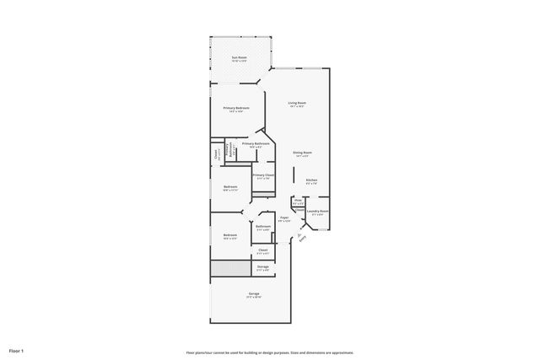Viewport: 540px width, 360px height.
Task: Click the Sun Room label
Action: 240,56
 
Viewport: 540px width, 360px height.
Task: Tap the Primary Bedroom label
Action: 236,108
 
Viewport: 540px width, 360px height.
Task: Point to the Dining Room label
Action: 301,153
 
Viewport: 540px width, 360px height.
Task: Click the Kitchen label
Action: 311,180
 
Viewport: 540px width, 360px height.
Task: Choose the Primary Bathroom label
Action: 256,143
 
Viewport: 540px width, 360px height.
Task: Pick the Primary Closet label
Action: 263,175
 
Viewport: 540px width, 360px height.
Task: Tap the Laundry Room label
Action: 318,211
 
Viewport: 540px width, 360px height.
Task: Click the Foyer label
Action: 284,218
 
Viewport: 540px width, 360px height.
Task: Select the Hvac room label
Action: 298,200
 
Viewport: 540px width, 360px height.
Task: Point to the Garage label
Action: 253,293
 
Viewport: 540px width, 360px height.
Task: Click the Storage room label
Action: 263,266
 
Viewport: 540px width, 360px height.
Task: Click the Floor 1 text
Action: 16,350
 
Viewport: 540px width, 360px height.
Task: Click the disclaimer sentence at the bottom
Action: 269,352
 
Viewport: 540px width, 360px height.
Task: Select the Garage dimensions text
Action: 253,298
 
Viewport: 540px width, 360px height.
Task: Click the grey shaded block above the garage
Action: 231,269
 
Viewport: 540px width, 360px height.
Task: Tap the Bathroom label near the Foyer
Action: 262,226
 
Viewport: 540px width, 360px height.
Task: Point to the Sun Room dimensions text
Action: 240,61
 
